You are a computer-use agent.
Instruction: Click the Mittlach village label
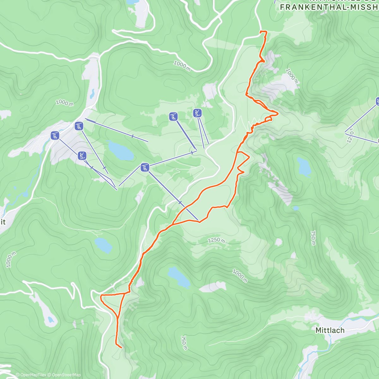tap(330, 330)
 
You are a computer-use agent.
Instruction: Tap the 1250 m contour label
tap(216, 240)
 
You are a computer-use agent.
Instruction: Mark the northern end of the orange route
tap(260, 32)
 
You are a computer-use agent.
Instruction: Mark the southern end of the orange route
tap(122, 348)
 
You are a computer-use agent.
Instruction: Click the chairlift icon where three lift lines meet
tap(145, 167)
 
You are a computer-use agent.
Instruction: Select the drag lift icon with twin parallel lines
tap(197, 113)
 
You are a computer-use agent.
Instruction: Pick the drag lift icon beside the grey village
tap(82, 155)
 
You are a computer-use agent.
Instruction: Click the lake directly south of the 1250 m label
tap(179, 276)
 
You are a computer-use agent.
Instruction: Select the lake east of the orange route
tap(304, 166)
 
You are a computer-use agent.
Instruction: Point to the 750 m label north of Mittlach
tap(313, 238)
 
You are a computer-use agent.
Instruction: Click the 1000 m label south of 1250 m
tap(240, 275)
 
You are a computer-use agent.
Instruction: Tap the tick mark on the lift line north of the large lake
tap(133, 136)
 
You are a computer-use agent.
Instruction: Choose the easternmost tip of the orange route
tap(278, 113)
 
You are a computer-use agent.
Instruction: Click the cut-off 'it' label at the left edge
tap(3, 222)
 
